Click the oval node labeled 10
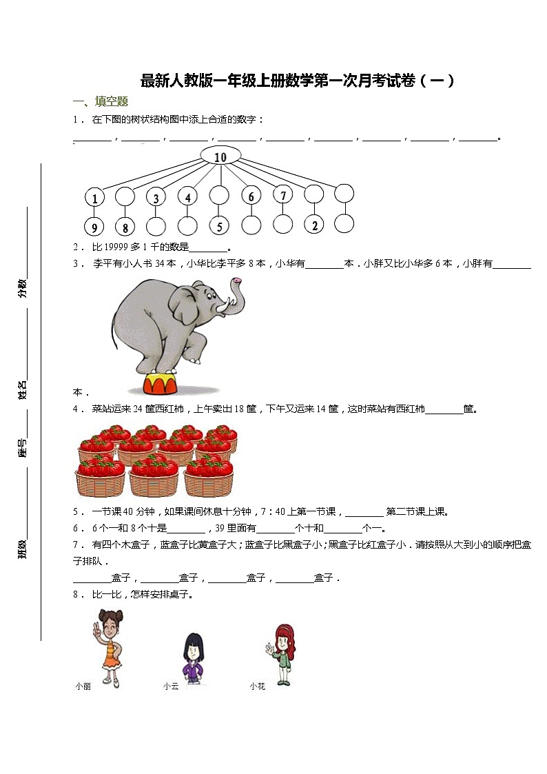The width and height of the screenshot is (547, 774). coord(220,157)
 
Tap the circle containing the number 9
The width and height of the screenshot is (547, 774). coord(94,225)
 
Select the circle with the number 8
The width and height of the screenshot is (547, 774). coord(125,225)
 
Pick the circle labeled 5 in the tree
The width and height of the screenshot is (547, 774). coord(219,225)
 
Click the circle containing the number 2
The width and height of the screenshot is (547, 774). coord(313,225)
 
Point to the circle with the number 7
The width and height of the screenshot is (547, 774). coord(282,196)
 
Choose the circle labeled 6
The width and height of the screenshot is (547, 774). coord(251,196)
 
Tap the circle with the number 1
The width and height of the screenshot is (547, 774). coord(94,198)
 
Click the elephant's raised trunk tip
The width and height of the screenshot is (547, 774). coord(238,281)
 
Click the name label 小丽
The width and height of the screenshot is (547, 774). coord(83,686)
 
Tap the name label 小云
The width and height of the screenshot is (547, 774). coord(171,686)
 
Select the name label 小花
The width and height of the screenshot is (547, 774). coord(258,686)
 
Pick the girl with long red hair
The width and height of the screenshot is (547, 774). coord(283,651)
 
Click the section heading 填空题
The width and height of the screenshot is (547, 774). coord(112,102)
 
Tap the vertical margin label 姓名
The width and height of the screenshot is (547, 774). coord(23,389)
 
